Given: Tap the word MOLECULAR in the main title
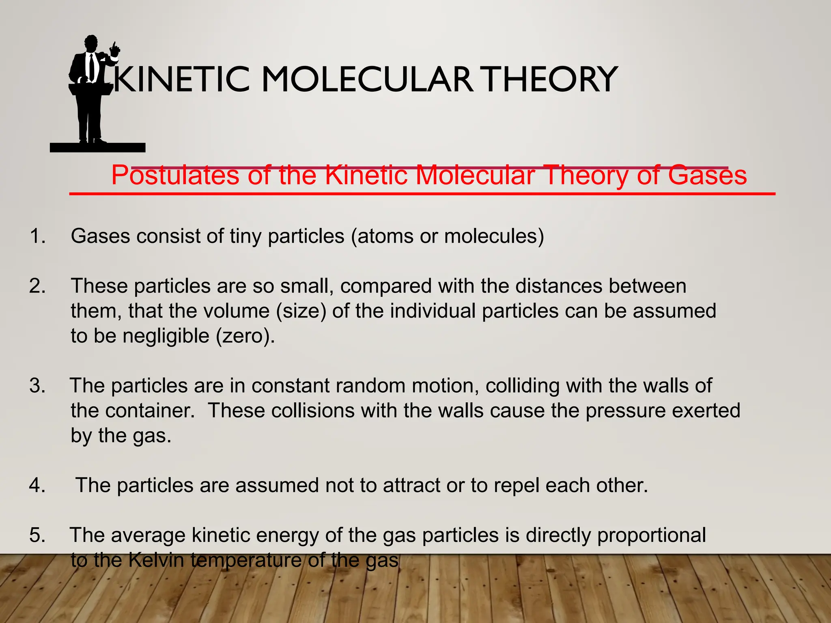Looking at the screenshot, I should point(366,79).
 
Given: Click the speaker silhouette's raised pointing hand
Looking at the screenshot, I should point(115,50).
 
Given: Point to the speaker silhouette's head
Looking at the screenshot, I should point(91,43).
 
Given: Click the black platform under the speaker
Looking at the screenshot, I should point(97,148).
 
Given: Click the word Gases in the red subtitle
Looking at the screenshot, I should point(707,175).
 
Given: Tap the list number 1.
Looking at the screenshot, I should point(37,236).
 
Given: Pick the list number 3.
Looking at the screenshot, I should point(37,386).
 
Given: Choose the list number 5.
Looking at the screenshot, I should point(37,535).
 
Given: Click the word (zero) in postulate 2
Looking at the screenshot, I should point(245,336).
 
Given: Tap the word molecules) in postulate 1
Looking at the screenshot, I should point(494,236).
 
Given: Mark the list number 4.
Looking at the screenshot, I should point(37,486).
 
